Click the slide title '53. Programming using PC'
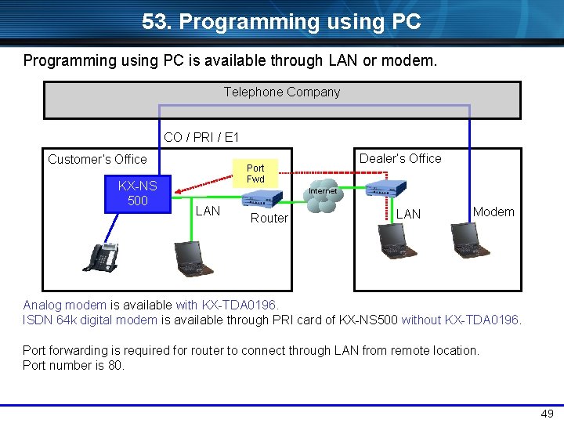pyautogui.click(x=281, y=22)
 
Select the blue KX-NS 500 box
pyautogui.click(x=137, y=193)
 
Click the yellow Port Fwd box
pyautogui.click(x=255, y=173)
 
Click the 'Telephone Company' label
pyautogui.click(x=282, y=92)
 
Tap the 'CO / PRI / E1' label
pyautogui.click(x=201, y=138)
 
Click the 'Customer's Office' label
pyautogui.click(x=97, y=159)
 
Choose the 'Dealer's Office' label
pyautogui.click(x=400, y=158)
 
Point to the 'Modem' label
pyautogui.click(x=493, y=211)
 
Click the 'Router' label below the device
pyautogui.click(x=269, y=218)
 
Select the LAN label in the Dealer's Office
pyautogui.click(x=408, y=214)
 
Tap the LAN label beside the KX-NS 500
pyautogui.click(x=208, y=211)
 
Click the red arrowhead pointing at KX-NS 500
pyautogui.click(x=179, y=191)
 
